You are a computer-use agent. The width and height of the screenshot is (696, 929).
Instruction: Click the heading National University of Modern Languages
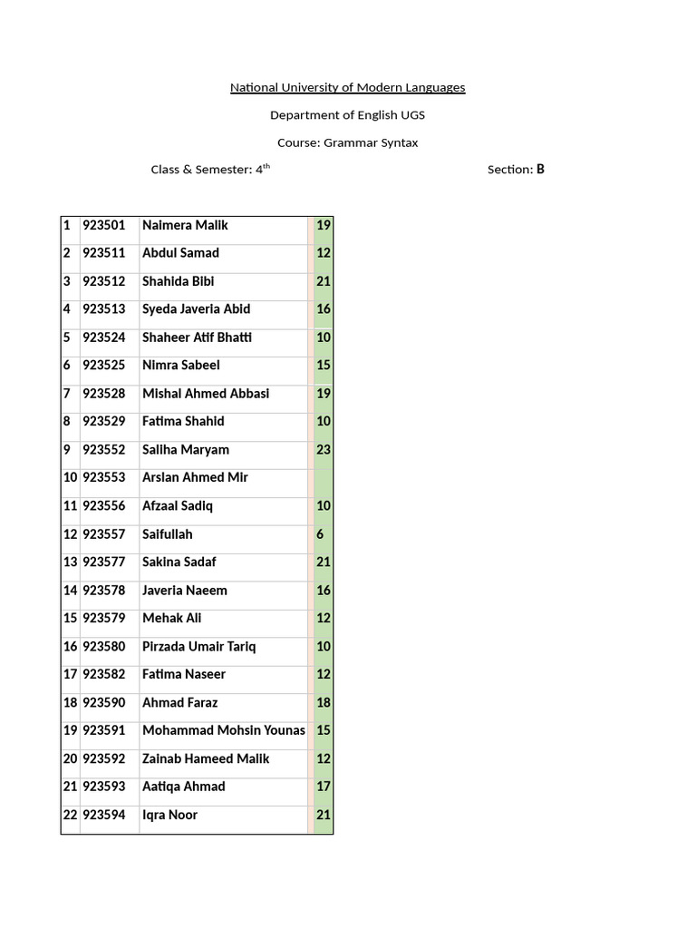pyautogui.click(x=347, y=88)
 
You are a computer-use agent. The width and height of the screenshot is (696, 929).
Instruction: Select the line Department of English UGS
pyautogui.click(x=347, y=115)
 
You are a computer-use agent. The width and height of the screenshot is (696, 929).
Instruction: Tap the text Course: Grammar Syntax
pyautogui.click(x=347, y=142)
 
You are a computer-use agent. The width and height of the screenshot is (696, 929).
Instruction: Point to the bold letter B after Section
pyautogui.click(x=540, y=169)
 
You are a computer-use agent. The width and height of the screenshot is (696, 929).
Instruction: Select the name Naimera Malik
pyautogui.click(x=185, y=225)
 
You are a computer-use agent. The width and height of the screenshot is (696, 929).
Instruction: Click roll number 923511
pyautogui.click(x=104, y=253)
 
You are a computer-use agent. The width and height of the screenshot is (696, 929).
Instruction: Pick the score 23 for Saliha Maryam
pyautogui.click(x=324, y=450)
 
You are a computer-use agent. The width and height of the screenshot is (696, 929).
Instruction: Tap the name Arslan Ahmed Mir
pyautogui.click(x=195, y=477)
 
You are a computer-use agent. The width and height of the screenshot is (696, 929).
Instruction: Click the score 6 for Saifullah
pyautogui.click(x=320, y=534)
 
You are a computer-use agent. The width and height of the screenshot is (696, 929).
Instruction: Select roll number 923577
pyautogui.click(x=104, y=562)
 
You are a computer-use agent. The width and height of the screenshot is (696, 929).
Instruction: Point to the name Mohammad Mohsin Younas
pyautogui.click(x=224, y=730)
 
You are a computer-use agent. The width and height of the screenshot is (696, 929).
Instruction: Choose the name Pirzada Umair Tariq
pyautogui.click(x=199, y=647)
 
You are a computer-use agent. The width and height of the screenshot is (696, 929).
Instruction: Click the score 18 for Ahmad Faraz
pyautogui.click(x=324, y=703)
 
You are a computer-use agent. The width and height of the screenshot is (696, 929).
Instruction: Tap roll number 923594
pyautogui.click(x=104, y=815)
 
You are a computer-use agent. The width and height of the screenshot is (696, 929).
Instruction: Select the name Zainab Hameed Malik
pyautogui.click(x=206, y=758)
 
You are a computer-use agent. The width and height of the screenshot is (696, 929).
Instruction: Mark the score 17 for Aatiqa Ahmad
pyautogui.click(x=324, y=787)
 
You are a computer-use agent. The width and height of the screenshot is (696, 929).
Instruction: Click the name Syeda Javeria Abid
pyautogui.click(x=196, y=309)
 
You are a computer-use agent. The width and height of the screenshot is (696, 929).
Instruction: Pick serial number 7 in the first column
pyautogui.click(x=67, y=394)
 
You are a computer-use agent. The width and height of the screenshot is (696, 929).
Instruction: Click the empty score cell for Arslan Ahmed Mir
pyautogui.click(x=324, y=477)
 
